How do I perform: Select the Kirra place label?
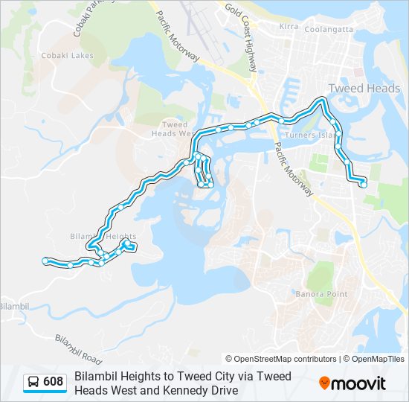(x=288, y=27)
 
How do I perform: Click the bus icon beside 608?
(x=33, y=383)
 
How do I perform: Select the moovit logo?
(x=352, y=383)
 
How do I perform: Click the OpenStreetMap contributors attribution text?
(x=283, y=359)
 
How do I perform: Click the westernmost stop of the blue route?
(x=46, y=260)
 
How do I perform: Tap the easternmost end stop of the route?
(x=363, y=183)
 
